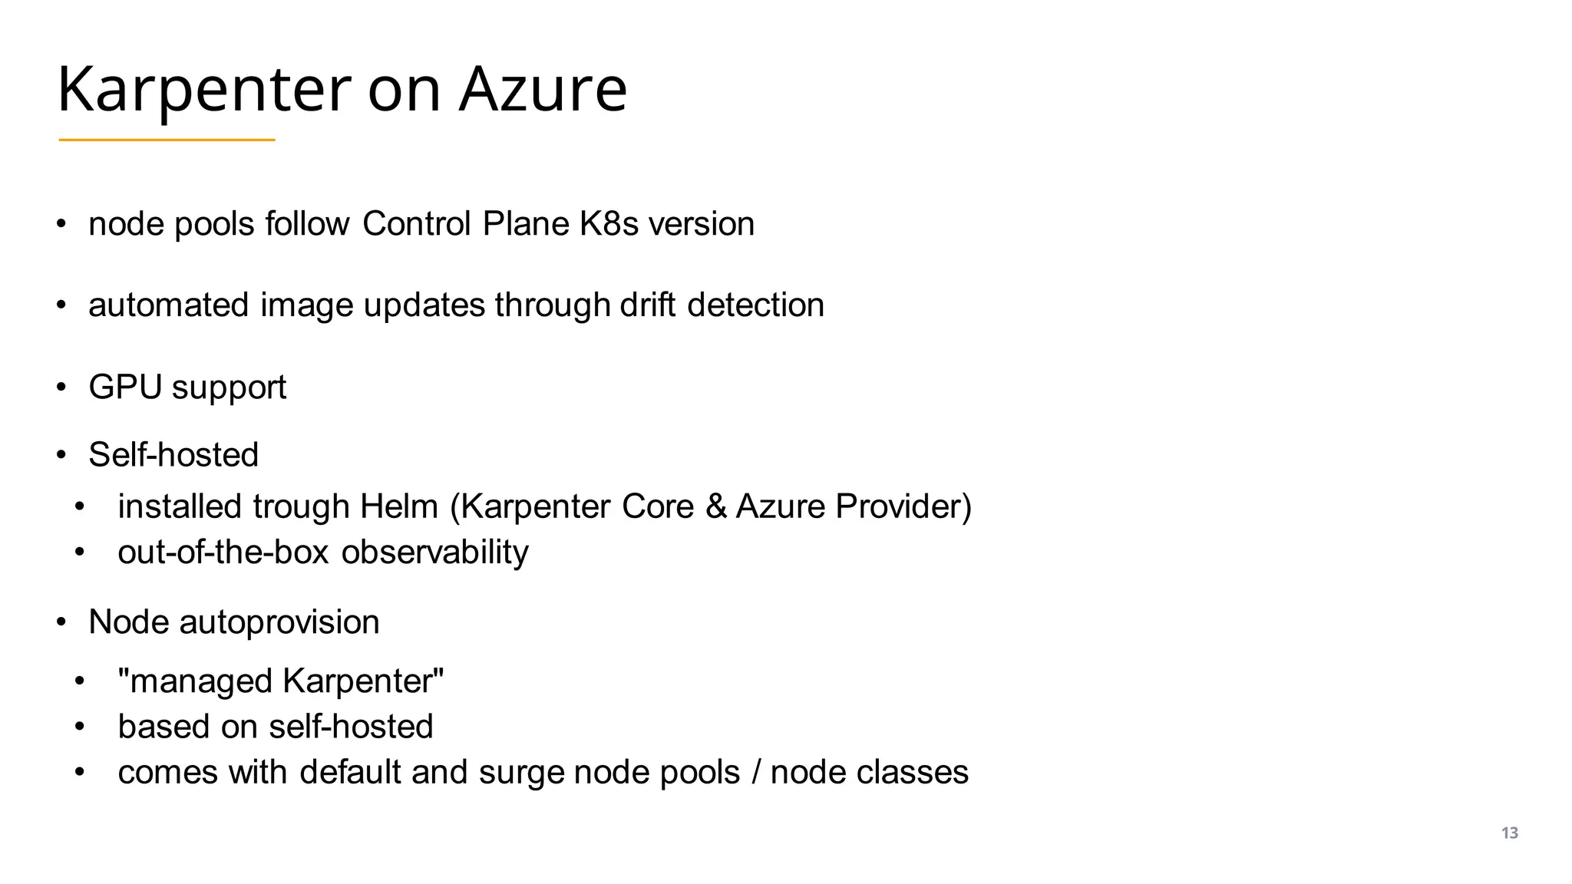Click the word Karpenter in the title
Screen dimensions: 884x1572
coord(203,91)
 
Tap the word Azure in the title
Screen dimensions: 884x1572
coord(543,89)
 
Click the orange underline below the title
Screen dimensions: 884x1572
coord(167,140)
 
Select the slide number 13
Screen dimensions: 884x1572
coord(1509,833)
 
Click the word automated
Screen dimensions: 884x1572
coord(169,305)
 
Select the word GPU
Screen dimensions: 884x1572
coord(125,387)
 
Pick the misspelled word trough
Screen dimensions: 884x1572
coord(301,507)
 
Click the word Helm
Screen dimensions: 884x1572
coord(399,506)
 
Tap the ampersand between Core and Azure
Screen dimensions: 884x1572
coord(715,506)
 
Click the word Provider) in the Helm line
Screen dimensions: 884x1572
coord(903,506)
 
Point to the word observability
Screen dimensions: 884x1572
coord(434,552)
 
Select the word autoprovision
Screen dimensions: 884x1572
coord(279,622)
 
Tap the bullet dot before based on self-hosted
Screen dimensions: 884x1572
coord(79,726)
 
